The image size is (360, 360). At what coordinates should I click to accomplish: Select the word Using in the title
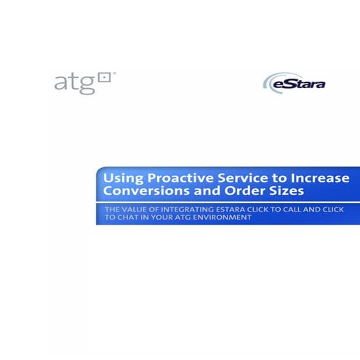pyautogui.click(x=121, y=178)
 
